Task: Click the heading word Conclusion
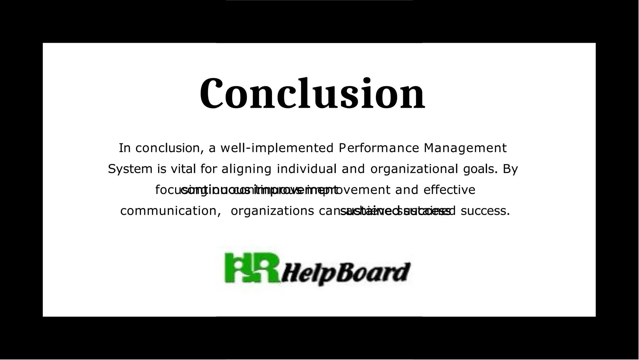point(312,94)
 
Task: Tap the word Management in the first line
point(465,148)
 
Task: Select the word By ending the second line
point(510,169)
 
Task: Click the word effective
point(449,190)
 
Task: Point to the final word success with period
point(485,211)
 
